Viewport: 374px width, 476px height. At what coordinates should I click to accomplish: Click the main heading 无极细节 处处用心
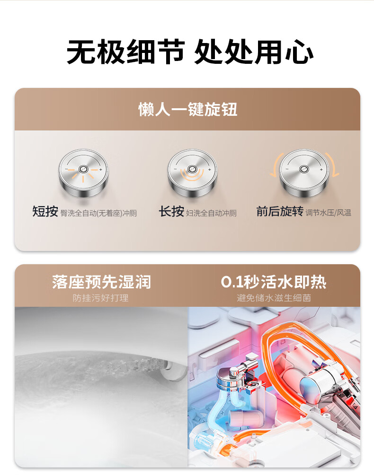coord(190,52)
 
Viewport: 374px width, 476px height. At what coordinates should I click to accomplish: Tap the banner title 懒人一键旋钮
coord(187,109)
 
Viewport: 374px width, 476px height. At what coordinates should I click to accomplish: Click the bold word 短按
coord(45,211)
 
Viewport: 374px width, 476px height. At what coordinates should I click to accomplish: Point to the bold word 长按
coord(171,211)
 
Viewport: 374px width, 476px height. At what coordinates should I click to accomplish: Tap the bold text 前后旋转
coord(280,211)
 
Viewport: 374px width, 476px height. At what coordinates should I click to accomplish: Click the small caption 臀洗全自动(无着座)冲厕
coord(98,213)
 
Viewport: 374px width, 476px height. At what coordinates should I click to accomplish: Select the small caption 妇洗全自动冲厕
coord(211,213)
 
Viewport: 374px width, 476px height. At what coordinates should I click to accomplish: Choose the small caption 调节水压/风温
coord(329,213)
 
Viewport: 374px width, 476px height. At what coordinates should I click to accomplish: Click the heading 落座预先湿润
coord(101,282)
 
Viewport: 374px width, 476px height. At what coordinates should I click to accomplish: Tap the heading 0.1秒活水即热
coord(274,282)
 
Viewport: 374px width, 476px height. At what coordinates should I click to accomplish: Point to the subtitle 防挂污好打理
coord(101,298)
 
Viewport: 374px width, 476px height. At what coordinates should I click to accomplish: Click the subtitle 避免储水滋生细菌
coord(274,298)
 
